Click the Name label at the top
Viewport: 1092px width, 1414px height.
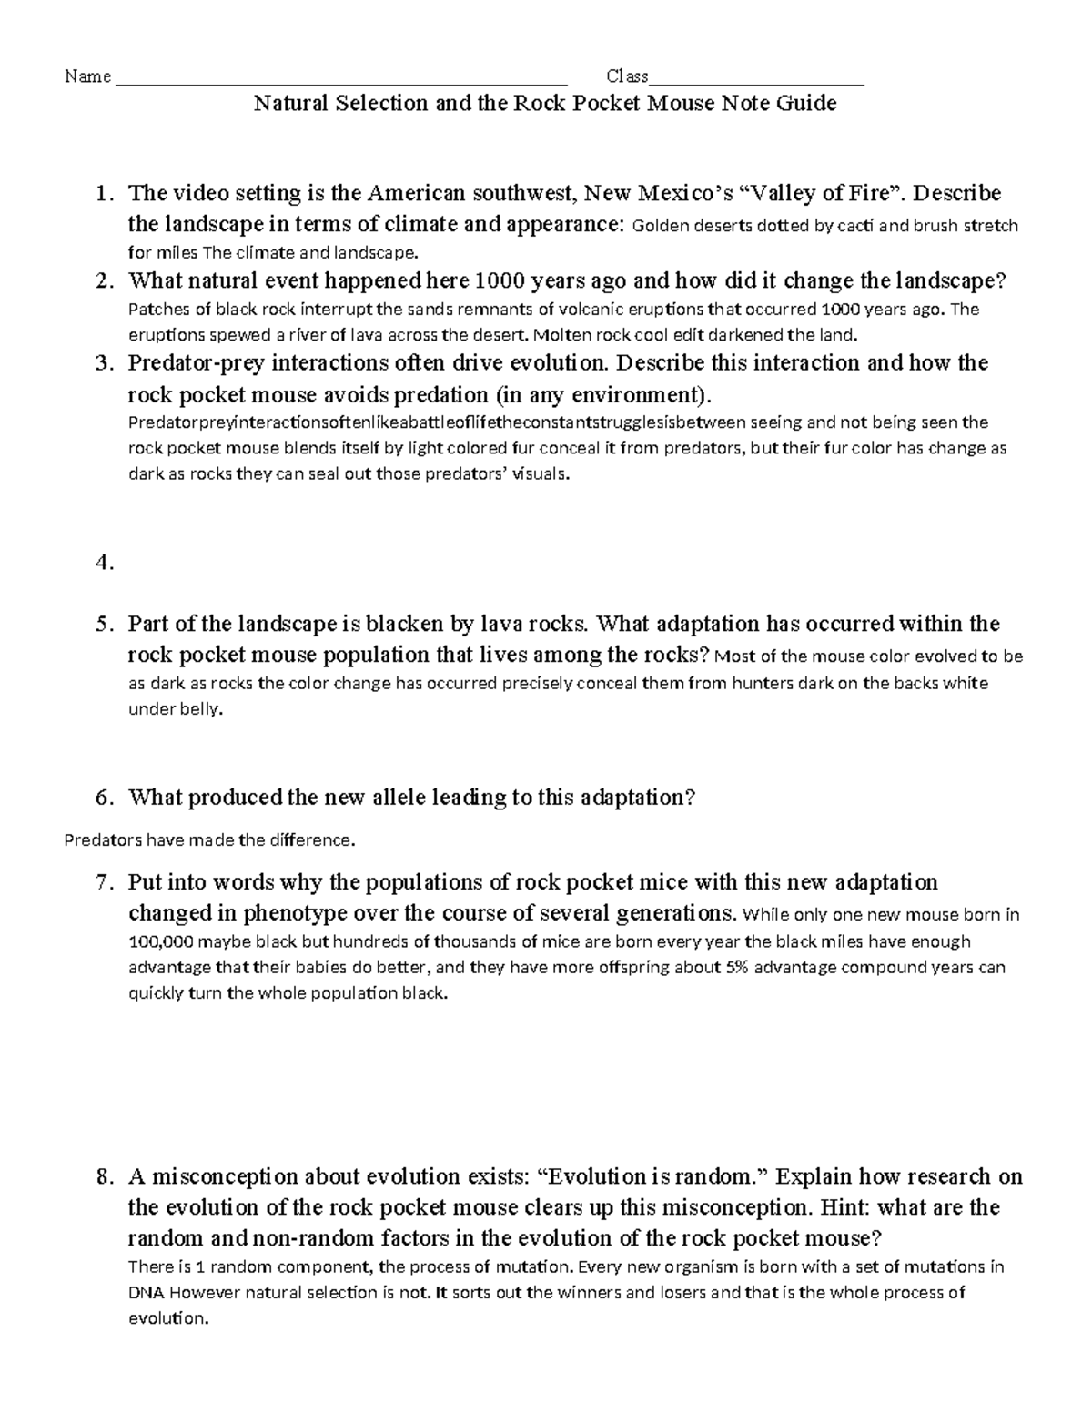[87, 76]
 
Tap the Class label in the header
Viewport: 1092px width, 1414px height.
[627, 76]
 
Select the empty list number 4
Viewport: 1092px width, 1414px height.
[105, 563]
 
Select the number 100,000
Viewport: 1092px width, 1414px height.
[160, 941]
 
